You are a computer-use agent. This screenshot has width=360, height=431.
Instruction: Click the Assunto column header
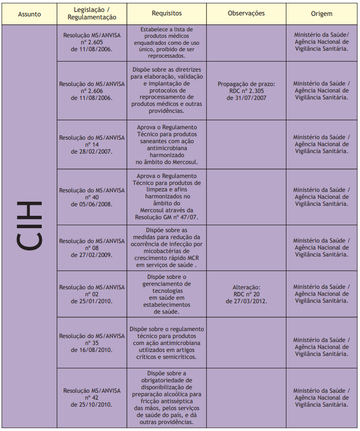coord(29,14)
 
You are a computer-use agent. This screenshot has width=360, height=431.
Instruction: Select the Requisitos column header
coord(167,14)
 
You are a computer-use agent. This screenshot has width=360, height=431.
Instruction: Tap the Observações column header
coord(246,14)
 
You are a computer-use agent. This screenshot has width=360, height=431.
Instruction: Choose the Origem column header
coord(322,14)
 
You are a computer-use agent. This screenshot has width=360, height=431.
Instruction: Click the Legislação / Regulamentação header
coord(92,14)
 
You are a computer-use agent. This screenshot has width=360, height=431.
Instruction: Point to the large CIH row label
coord(29,226)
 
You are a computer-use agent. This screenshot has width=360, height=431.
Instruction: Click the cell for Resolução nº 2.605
coord(92,43)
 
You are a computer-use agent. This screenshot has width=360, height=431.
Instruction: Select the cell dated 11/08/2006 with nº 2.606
coord(92,91)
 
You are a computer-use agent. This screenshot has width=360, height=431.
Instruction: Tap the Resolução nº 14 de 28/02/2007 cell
coord(92,145)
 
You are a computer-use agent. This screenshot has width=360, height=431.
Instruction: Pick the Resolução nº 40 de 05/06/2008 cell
coord(92,197)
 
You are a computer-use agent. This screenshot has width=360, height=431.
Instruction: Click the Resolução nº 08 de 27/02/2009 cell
coord(92,248)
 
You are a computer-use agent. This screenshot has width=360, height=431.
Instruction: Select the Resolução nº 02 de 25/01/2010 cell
coord(92,294)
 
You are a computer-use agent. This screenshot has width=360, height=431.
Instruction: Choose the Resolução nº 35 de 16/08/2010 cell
coord(92,343)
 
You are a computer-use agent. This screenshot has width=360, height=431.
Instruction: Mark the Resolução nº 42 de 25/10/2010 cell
coord(92,398)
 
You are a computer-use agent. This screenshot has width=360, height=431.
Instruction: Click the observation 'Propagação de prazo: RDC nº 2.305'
coord(246,91)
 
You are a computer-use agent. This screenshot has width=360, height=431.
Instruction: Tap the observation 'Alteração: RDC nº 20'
coord(246,294)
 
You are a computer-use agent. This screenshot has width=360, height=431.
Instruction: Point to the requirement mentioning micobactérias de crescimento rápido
coord(167,248)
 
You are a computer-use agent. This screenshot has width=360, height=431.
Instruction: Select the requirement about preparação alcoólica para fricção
coord(167,398)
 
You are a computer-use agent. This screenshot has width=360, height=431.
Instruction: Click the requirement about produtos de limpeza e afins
coord(167,197)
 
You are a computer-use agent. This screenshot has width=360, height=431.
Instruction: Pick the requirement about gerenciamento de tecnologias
coord(167,294)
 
